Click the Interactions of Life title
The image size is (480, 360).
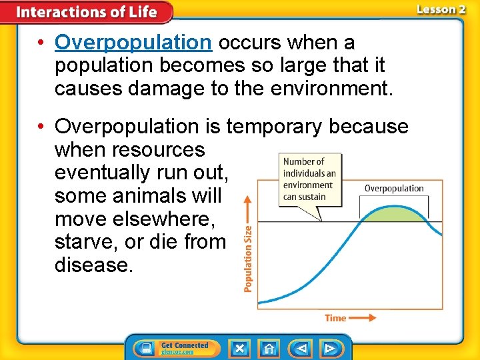87,12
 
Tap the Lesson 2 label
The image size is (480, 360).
440,9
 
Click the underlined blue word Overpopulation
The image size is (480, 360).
133,43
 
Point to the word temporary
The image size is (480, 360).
287,126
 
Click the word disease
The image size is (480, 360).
94,265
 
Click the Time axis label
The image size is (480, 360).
335,318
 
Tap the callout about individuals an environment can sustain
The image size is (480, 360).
309,179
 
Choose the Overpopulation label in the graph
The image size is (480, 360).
394,189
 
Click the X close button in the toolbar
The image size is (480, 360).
239,348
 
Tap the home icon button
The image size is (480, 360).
269,348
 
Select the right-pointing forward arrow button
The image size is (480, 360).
329,348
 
